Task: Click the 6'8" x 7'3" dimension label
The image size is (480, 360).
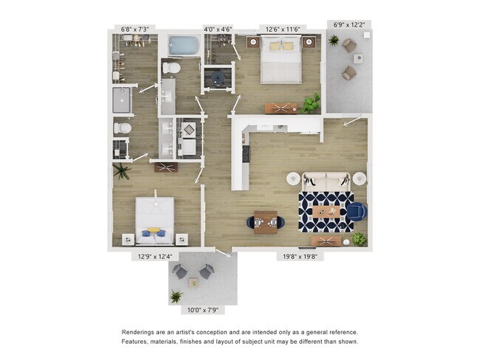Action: pyautogui.click(x=134, y=30)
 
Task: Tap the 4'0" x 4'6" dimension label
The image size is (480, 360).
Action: pyautogui.click(x=218, y=30)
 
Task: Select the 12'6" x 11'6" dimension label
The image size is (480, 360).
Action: pyautogui.click(x=283, y=30)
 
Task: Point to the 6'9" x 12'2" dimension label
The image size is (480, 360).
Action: pyautogui.click(x=349, y=24)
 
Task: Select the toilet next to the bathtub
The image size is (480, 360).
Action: pyautogui.click(x=171, y=68)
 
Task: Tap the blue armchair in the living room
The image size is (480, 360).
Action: pyautogui.click(x=357, y=212)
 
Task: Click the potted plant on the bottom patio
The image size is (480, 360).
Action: pyautogui.click(x=176, y=297)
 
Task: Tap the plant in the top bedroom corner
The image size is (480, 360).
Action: pyautogui.click(x=310, y=103)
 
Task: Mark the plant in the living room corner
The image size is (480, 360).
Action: pyautogui.click(x=360, y=239)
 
